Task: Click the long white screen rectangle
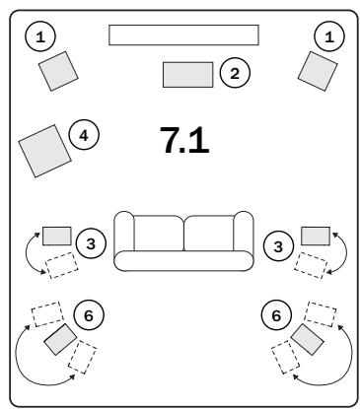click(183, 35)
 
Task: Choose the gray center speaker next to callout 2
click(187, 74)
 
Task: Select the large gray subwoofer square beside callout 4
click(44, 148)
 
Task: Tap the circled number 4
click(85, 135)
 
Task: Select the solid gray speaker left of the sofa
click(56, 236)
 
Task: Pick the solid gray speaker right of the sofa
click(315, 236)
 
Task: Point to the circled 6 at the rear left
click(90, 315)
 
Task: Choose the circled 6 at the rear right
click(275, 315)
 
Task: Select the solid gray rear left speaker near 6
click(60, 339)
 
